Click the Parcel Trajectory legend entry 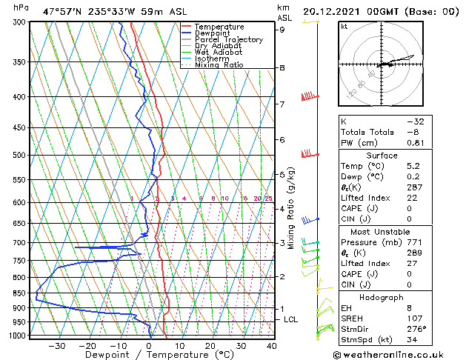point(228,39)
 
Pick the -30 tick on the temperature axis point(56,346)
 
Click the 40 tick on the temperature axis point(272,346)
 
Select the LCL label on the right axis point(291,319)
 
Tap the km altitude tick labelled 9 point(282,30)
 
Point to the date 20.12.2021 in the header point(333,11)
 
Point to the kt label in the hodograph point(344,26)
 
